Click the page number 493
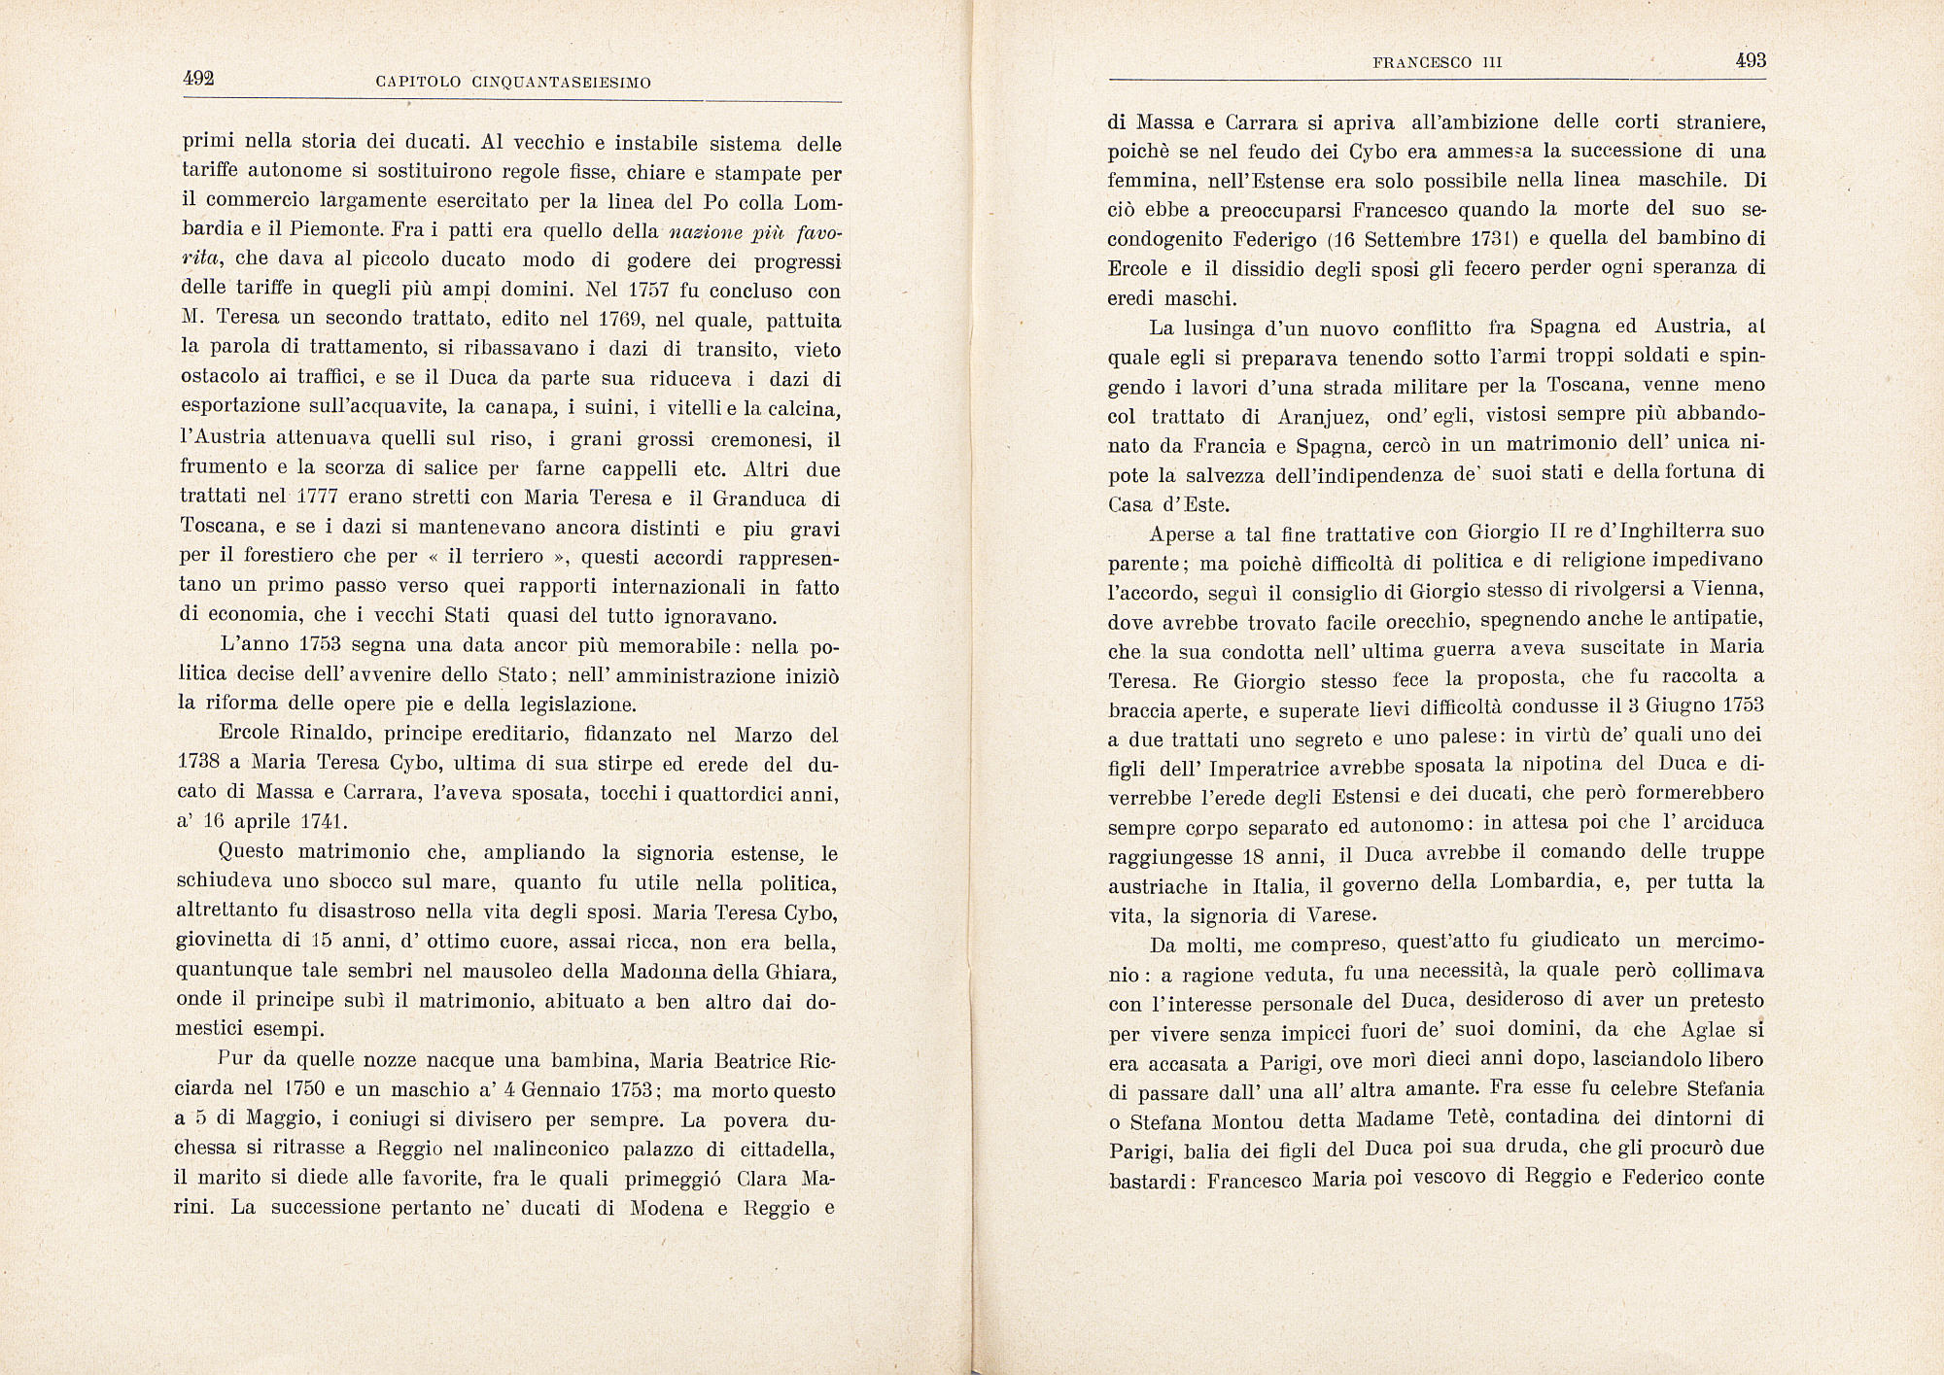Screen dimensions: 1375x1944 point(1750,60)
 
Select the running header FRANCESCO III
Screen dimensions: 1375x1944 point(1438,62)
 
